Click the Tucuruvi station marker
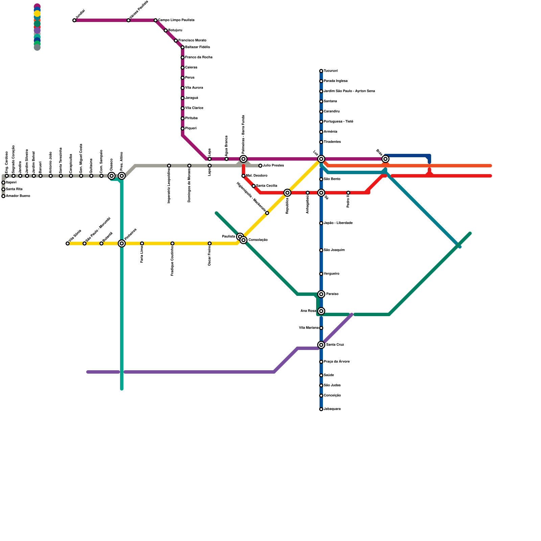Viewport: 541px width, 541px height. (321, 71)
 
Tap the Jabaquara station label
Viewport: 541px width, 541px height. (332, 409)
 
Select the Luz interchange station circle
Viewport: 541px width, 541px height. (321, 159)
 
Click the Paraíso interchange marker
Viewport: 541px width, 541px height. (321, 294)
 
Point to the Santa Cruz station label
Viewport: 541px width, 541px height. (335, 345)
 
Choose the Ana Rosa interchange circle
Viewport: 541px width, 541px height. (321, 311)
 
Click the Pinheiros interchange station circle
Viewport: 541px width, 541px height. (122, 243)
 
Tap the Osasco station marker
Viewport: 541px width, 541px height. (112, 176)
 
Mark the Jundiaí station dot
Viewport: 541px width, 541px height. (74, 20)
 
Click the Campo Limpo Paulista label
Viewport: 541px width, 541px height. (176, 20)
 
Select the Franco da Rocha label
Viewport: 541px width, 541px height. (199, 57)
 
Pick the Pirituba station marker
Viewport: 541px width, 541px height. (183, 118)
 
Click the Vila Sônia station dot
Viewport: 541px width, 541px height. (68, 243)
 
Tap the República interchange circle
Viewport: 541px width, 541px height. (287, 193)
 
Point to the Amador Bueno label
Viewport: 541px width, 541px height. (18, 196)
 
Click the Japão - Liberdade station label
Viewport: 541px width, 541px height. (338, 223)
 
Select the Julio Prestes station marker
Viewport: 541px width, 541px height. (260, 166)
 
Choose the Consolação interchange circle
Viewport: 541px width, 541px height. (243, 240)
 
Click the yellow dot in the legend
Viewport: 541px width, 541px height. (37, 14)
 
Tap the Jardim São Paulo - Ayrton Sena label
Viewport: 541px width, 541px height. (349, 91)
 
